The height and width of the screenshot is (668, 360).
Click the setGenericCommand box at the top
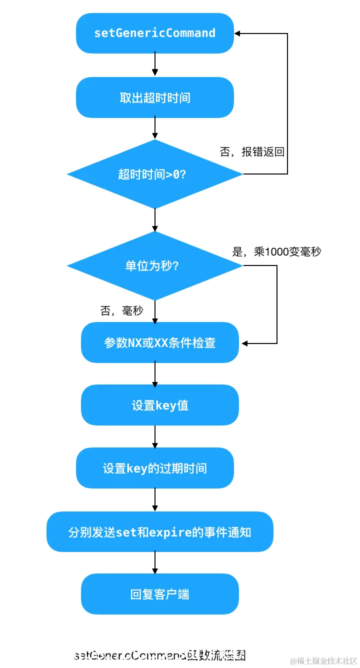point(154,33)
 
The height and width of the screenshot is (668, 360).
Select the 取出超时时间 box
point(154,97)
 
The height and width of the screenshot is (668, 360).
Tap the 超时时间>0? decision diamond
point(154,174)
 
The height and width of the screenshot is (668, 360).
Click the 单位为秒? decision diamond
point(154,265)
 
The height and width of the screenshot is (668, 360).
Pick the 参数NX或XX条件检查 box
point(159,342)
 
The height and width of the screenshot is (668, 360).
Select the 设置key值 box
point(159,405)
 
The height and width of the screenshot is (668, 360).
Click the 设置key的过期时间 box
point(154,468)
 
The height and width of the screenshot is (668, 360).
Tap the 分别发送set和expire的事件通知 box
point(159,531)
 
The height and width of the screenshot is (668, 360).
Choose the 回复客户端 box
point(159,594)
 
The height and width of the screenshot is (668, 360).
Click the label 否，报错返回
point(252,152)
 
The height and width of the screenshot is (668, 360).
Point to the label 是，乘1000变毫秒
point(276,251)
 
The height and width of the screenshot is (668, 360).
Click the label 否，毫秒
point(121,311)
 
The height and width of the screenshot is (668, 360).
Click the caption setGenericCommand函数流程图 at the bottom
point(159,655)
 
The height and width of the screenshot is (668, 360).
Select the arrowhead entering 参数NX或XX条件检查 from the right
point(244,343)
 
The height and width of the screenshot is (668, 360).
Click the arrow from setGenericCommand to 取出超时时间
point(154,64)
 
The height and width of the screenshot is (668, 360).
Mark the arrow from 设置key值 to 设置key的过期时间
point(154,436)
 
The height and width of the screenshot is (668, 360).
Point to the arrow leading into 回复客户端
point(154,562)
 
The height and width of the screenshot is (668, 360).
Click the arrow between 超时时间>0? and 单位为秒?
point(154,219)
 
